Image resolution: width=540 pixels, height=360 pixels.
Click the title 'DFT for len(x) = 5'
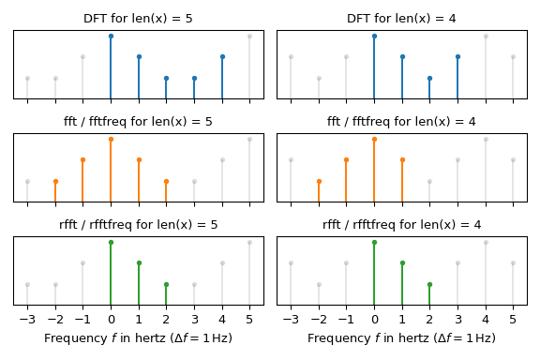(138, 19)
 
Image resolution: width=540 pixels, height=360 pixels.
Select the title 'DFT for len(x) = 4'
(402, 19)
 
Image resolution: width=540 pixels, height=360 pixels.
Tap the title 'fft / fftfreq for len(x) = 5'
(138, 122)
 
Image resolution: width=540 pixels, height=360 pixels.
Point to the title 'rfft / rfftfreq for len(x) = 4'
(402, 225)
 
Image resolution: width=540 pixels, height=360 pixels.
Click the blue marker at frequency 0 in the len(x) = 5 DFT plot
(111, 37)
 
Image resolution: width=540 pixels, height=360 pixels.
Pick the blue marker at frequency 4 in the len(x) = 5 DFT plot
(222, 57)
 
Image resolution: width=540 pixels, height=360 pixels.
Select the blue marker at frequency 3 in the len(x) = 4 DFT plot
(457, 57)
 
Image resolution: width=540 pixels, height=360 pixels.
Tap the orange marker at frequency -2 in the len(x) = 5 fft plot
(55, 181)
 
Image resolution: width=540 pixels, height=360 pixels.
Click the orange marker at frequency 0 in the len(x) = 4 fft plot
(374, 140)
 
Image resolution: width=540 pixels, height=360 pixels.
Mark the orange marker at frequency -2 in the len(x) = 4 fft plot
(319, 181)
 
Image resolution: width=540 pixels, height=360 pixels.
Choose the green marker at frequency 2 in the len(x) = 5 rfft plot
(166, 284)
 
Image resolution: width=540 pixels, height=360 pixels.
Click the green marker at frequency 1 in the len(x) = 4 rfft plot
(402, 263)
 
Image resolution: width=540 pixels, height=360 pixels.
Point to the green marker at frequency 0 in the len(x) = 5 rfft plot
(111, 243)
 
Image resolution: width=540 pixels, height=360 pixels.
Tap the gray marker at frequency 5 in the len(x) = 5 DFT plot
(249, 37)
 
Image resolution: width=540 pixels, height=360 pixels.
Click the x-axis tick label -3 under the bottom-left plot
(27, 319)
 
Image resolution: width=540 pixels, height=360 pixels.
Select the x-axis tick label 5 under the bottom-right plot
(513, 319)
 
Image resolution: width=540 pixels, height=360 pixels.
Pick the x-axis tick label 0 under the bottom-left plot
(111, 319)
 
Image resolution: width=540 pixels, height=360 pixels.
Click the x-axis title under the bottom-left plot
(138, 337)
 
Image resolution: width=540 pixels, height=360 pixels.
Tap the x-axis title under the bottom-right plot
(402, 337)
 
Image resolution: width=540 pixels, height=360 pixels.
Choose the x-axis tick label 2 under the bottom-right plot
(429, 319)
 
